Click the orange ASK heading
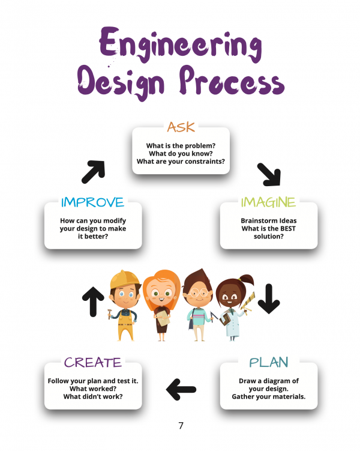tap(181, 127)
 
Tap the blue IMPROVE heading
tap(92, 202)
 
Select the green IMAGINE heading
tap(268, 202)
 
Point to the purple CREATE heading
tap(92, 362)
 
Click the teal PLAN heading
tap(268, 362)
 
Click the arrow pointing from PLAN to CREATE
tap(181, 390)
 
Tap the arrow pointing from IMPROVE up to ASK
tap(94, 172)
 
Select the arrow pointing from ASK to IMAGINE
tap(269, 174)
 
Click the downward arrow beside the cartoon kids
tap(269, 299)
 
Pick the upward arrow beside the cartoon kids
tap(93, 301)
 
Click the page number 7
tap(181, 425)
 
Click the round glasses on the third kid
tap(199, 293)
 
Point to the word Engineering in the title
tap(181, 45)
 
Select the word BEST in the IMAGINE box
tap(288, 229)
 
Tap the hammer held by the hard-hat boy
tap(109, 313)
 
